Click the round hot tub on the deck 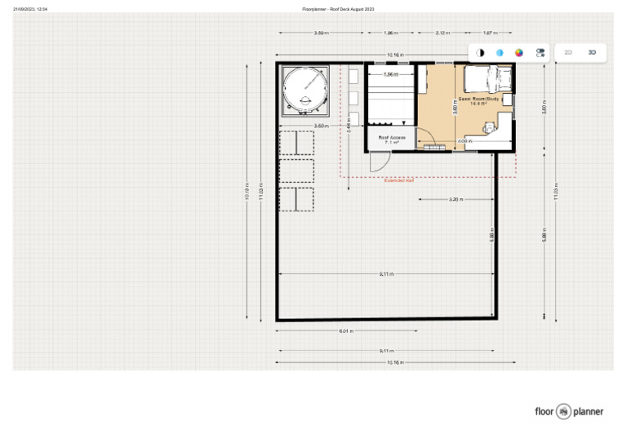[305, 89]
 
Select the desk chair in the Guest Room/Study [489, 127]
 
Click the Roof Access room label [391, 139]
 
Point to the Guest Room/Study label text [473, 100]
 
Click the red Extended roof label [399, 180]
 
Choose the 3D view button [592, 52]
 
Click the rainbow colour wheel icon [518, 52]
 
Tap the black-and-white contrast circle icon [480, 52]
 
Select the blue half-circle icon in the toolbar [500, 52]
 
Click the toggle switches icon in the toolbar [540, 52]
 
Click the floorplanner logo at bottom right [569, 411]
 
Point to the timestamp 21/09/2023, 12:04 [30, 9]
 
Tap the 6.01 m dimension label [345, 331]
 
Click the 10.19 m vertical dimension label [247, 199]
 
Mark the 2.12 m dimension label [442, 33]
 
